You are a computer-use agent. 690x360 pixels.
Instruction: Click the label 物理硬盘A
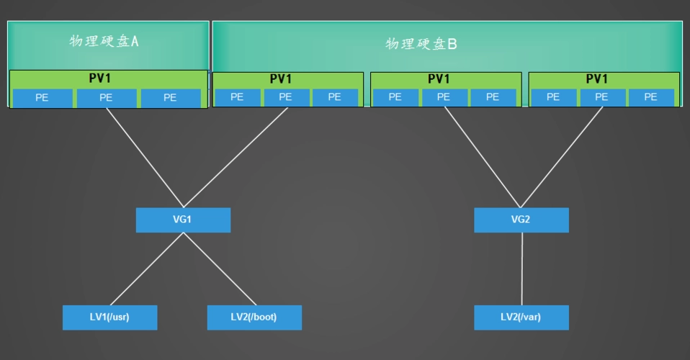tap(104, 41)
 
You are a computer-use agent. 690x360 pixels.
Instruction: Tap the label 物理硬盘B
tap(421, 44)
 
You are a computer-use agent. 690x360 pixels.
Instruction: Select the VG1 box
tap(183, 220)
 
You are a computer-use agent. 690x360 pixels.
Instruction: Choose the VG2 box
tap(521, 220)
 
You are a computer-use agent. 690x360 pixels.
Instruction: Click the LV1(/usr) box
tap(109, 317)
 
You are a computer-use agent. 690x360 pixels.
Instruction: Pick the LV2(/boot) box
tap(254, 317)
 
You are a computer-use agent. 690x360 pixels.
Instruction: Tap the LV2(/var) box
tap(521, 317)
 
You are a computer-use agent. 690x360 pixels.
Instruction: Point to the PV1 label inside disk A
tap(108, 78)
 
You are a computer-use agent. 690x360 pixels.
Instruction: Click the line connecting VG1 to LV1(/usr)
tap(147, 269)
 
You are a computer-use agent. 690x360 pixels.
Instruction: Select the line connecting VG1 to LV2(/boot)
tap(220, 269)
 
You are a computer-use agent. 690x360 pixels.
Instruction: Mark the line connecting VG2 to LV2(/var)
tap(521, 269)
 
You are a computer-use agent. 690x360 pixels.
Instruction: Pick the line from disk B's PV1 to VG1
tap(236, 157)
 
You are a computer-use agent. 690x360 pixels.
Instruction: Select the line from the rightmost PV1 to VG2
tap(562, 157)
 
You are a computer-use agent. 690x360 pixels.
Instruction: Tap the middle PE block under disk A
tap(106, 98)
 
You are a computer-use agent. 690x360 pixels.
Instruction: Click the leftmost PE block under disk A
tap(42, 98)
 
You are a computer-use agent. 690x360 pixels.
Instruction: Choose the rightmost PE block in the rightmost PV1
tap(650, 97)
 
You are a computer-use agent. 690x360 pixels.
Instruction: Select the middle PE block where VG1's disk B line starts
tap(285, 97)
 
